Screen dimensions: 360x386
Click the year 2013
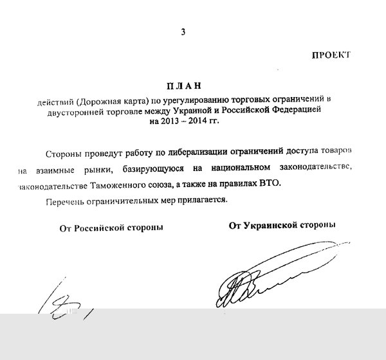(177, 121)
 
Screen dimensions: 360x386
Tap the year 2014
(209, 121)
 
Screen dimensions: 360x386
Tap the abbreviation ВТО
(268, 185)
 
